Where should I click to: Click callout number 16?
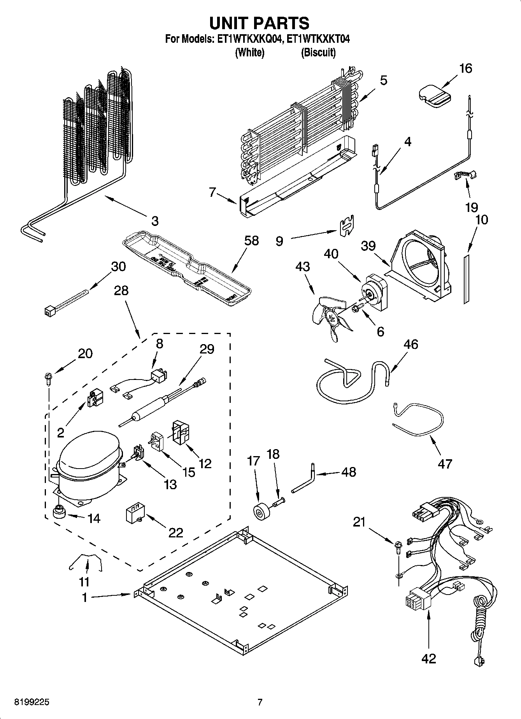(x=465, y=68)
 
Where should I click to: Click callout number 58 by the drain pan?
(x=252, y=241)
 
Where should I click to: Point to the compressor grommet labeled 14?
(x=59, y=513)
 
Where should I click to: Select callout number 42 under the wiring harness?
(x=428, y=658)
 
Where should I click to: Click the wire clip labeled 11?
(x=86, y=562)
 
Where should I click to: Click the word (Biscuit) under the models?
(x=318, y=52)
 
